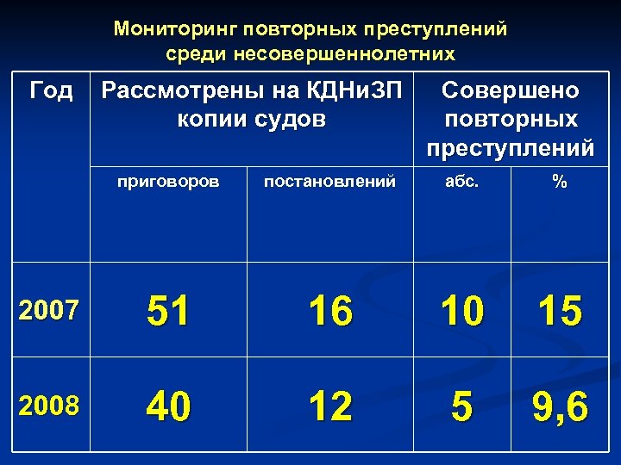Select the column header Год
[x=51, y=90]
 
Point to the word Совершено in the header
[x=511, y=90]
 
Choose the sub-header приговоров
[x=168, y=182]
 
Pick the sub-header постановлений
[x=329, y=182]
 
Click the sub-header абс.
[x=461, y=182]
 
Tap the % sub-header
[x=560, y=182]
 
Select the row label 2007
[x=47, y=309]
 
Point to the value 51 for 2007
[x=168, y=310]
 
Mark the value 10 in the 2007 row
[x=461, y=311]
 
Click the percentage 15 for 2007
[x=560, y=311]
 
